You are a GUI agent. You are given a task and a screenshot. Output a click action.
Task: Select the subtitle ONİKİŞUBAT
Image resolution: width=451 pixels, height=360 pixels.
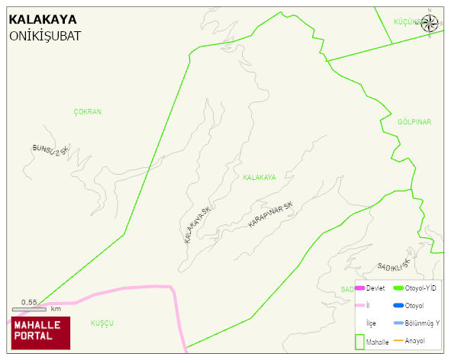pos(45,36)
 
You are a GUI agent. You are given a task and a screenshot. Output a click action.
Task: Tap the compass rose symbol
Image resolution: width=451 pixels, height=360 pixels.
pos(430,23)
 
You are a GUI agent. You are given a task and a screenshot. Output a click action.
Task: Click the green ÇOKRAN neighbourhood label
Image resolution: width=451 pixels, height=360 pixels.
pos(88,111)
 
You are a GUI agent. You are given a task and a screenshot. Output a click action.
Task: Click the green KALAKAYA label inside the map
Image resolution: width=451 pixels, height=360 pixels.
pos(259,177)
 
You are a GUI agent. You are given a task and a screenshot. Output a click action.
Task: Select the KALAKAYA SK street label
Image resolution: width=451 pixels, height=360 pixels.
pos(197,224)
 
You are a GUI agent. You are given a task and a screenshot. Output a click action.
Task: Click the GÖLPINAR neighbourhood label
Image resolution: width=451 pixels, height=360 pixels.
pos(414,122)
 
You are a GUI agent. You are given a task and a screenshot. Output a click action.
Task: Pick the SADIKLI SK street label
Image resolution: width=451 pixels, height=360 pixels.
pos(394,265)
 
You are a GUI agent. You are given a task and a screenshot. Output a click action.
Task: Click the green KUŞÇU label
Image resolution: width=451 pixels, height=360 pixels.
pos(101,323)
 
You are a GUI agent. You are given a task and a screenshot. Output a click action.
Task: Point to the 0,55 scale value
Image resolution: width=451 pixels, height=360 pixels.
pos(29,302)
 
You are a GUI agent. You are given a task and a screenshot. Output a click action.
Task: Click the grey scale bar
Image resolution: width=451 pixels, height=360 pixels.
pos(29,309)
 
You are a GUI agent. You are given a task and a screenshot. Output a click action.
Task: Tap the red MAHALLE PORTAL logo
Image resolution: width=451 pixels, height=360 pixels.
pos(40,333)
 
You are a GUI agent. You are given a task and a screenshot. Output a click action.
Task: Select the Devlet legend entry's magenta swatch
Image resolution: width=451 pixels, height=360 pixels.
pos(360,288)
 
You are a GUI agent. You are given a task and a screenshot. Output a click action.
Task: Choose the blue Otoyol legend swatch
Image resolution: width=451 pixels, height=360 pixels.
pos(398,305)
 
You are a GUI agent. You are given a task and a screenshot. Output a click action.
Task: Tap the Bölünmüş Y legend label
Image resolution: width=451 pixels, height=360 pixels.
pos(423,323)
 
